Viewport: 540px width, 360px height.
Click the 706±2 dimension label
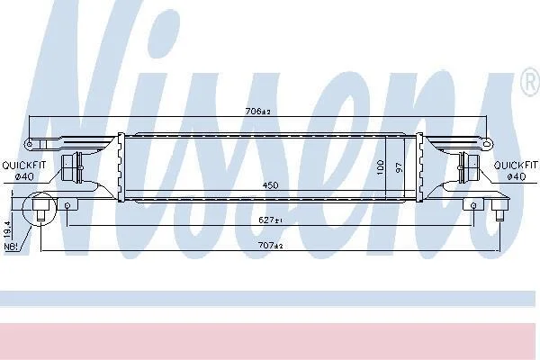(258, 112)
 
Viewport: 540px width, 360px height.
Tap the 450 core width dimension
(270, 185)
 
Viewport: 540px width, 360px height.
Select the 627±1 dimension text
(270, 220)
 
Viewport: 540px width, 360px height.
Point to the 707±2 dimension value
(270, 246)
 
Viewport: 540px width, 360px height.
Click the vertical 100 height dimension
(380, 166)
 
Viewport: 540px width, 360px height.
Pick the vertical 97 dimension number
(399, 167)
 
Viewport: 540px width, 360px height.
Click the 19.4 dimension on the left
(7, 229)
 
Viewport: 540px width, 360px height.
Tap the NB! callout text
(11, 247)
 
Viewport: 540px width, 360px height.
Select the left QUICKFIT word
(23, 166)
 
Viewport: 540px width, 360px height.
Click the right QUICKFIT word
(516, 166)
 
